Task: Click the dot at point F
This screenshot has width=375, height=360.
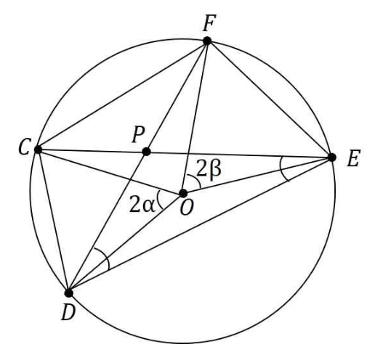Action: (207, 41)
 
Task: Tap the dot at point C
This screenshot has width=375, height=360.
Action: (38, 150)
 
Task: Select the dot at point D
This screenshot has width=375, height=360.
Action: (69, 293)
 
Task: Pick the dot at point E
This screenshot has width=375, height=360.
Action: (332, 157)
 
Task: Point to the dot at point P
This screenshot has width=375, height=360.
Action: (146, 152)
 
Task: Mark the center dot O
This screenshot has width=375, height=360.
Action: (183, 193)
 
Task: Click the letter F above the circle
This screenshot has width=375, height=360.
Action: (209, 22)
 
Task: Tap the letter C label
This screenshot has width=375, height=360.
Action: (25, 147)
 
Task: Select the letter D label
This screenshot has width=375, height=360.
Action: (68, 312)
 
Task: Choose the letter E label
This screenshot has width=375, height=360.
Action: (354, 158)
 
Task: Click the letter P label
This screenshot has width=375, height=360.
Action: (138, 134)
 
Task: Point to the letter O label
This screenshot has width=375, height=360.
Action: (187, 208)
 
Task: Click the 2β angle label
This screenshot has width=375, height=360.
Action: (209, 168)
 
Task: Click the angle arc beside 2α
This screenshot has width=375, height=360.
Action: (158, 200)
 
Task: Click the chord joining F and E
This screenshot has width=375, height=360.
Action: (270, 99)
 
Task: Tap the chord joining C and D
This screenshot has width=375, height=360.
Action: (53, 221)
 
